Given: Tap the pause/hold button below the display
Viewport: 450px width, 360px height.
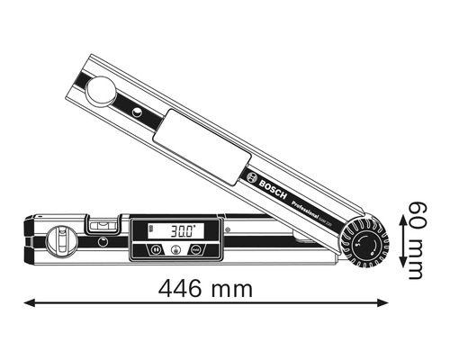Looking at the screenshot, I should (x=155, y=251).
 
